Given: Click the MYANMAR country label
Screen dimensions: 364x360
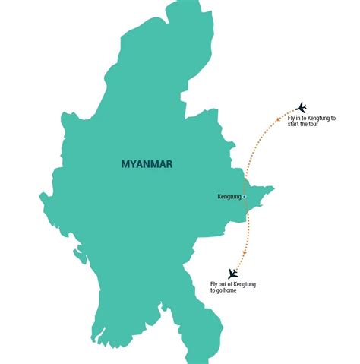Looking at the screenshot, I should point(148,163).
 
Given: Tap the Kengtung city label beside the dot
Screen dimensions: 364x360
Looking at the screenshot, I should point(229,197).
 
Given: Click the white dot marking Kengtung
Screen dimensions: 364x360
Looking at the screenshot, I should point(245,197).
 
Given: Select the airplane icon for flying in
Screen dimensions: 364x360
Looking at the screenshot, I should point(301,106).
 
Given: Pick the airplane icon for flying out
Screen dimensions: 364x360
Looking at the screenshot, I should point(233,274).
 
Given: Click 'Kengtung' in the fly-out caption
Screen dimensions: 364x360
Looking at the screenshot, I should point(244,284).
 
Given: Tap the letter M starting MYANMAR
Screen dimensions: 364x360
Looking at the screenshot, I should point(125,163).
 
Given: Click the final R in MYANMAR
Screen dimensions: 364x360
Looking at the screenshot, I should point(171,163).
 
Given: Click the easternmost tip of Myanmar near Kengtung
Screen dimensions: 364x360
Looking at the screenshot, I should point(273,188).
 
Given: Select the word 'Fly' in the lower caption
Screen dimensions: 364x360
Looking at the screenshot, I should point(214,284).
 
